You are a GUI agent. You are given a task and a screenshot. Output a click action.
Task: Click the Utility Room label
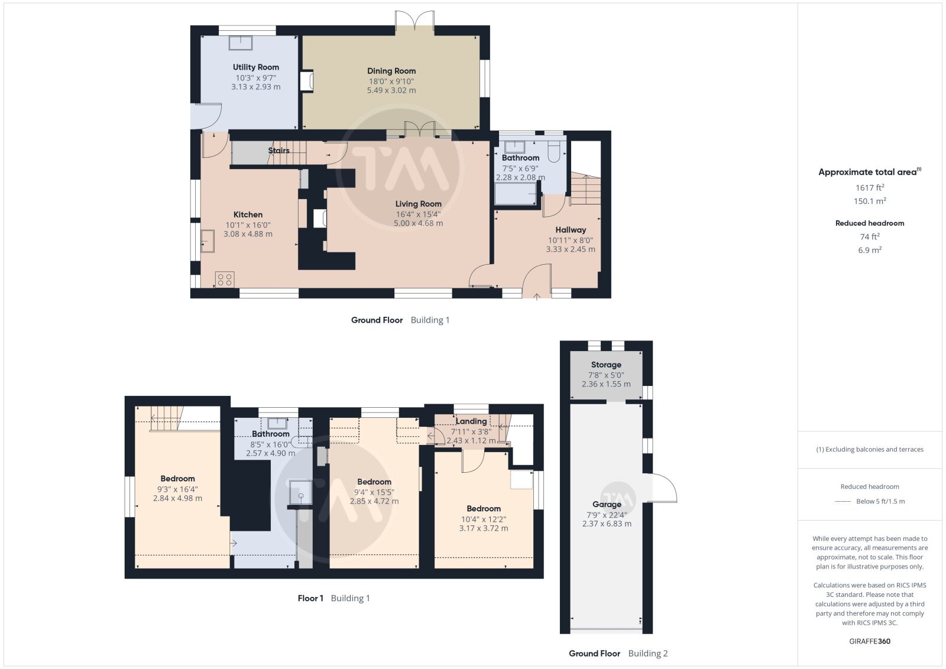point(256,67)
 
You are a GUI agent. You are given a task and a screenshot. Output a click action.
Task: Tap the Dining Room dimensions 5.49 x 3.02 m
point(391,90)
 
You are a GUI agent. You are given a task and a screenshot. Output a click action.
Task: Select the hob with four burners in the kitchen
point(225,280)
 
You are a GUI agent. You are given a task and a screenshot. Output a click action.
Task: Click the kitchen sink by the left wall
point(208,241)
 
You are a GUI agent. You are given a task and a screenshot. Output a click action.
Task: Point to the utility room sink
point(240,43)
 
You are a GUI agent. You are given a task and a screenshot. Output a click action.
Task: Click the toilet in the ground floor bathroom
point(553,151)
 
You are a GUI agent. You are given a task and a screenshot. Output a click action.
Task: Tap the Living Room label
point(419,204)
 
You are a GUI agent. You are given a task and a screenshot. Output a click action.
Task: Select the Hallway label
point(571,230)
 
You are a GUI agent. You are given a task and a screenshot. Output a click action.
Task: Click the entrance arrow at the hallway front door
point(537,297)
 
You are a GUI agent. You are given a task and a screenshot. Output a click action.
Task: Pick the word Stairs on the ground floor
point(278,150)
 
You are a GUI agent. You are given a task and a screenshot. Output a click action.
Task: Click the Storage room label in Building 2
point(606,365)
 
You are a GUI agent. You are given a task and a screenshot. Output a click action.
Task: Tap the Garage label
point(607,504)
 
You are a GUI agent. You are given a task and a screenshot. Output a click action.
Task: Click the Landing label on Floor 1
point(471,421)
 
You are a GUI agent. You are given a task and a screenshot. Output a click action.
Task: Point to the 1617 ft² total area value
point(870,188)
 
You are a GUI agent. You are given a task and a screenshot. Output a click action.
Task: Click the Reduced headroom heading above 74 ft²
point(870,223)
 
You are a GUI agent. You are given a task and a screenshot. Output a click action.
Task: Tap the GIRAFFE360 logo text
point(870,641)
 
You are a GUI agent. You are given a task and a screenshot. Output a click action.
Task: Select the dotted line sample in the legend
point(843,501)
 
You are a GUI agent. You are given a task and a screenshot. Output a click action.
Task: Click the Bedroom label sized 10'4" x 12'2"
point(484,509)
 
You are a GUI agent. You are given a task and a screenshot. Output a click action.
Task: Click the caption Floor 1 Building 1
point(333,598)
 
